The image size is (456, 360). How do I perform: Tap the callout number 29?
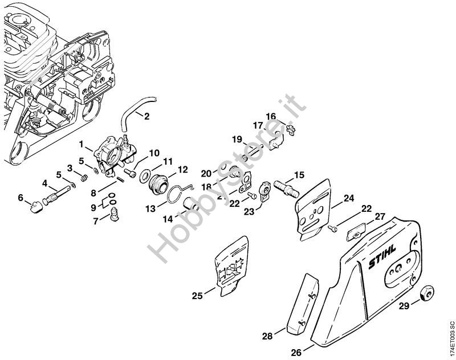coord(404,306)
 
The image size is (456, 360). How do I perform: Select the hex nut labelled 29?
coord(424,294)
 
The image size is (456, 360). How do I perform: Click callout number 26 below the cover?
coord(296,352)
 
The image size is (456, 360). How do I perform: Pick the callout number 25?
coord(196,296)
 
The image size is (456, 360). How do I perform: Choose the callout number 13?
coord(149,209)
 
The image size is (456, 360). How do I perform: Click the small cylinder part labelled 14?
coord(192,204)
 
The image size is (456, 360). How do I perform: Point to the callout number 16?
coord(271,116)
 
